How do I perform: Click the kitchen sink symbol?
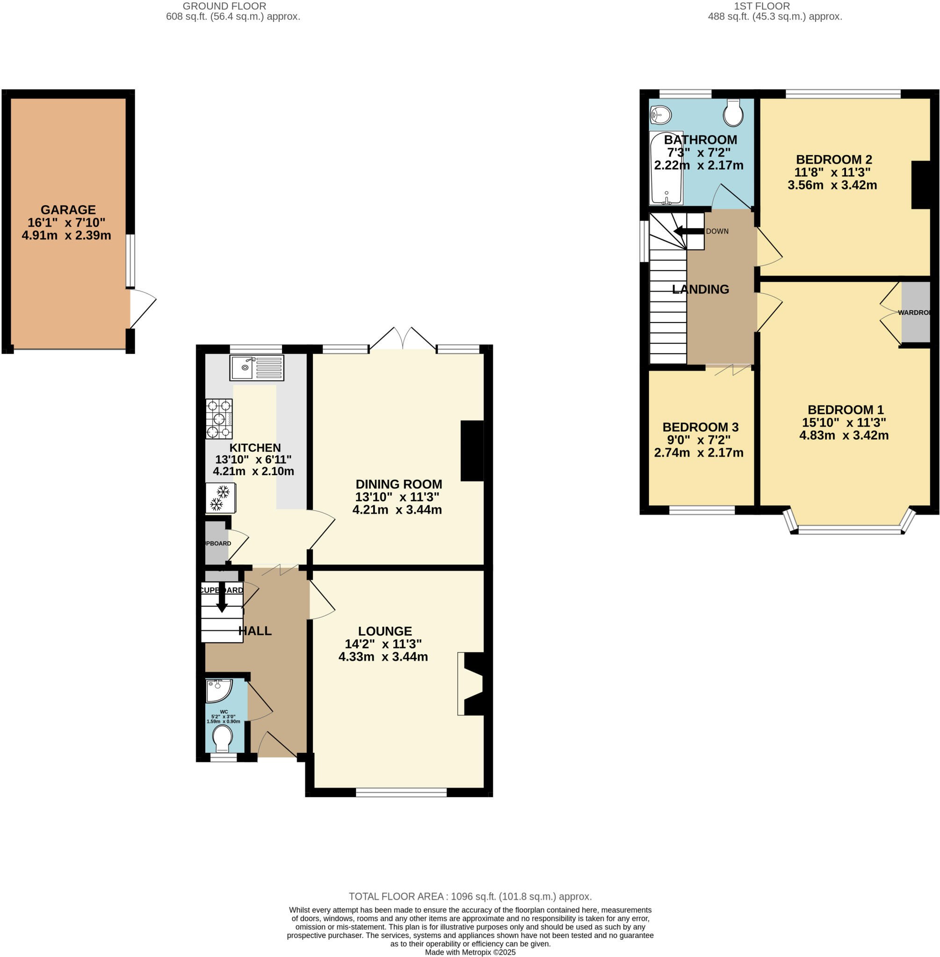256,367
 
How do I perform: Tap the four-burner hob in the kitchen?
219,419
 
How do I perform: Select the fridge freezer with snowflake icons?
220,498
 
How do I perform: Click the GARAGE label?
68,210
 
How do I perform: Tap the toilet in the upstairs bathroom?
733,113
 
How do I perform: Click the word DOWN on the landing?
717,231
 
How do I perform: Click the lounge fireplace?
471,684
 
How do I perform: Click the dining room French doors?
403,338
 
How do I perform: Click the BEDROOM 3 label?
700,427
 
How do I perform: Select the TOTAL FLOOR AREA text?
470,896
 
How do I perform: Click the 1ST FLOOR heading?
761,6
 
